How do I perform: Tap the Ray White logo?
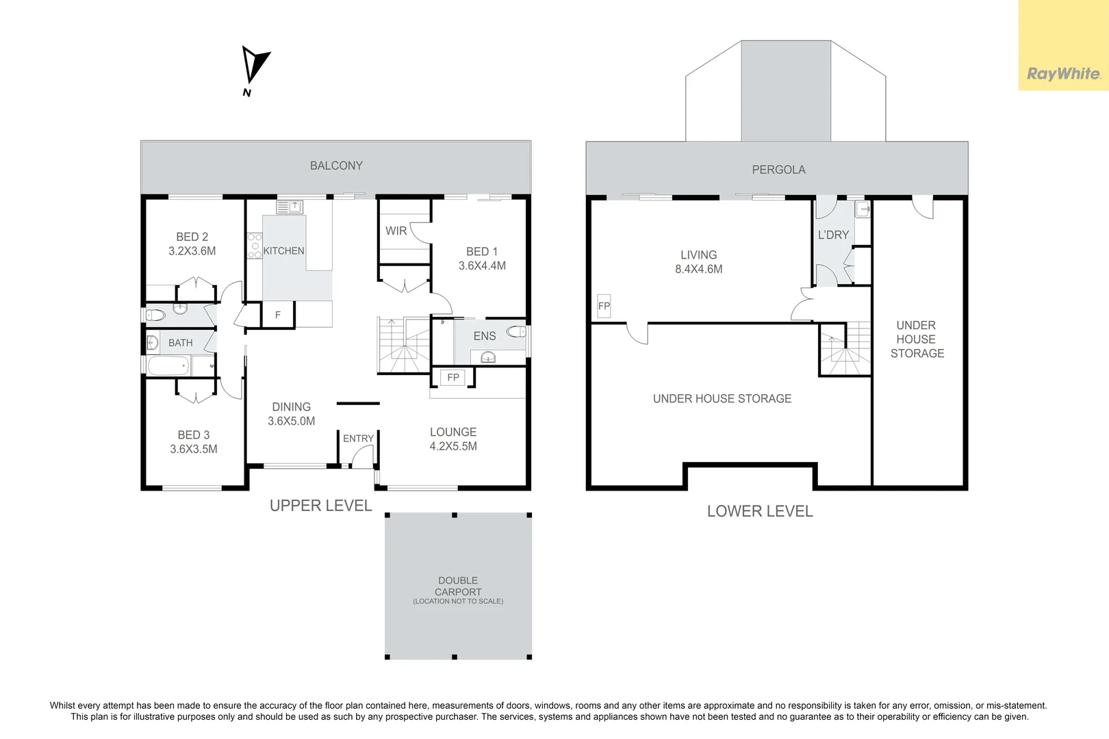[1063, 74]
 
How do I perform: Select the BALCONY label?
[336, 166]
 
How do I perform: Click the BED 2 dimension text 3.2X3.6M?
[192, 251]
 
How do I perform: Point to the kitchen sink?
[290, 207]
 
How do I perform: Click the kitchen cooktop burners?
[255, 246]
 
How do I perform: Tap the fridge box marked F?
[278, 314]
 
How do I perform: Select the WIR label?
[396, 231]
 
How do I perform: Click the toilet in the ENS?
[516, 331]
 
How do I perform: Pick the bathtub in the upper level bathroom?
[169, 367]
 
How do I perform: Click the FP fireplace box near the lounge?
[453, 378]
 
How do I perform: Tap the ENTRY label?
[358, 439]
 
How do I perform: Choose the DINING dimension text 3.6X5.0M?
[291, 422]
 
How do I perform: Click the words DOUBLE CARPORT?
[458, 586]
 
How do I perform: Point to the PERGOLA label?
[778, 170]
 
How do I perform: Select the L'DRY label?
[833, 235]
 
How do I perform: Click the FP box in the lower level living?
[604, 306]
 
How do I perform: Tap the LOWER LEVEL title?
[760, 511]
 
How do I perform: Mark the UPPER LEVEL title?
[321, 506]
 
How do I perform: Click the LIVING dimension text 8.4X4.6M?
[698, 270]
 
